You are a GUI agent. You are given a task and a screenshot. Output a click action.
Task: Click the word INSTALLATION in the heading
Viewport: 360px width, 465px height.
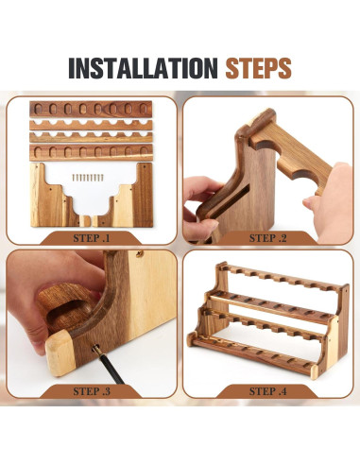tap(143, 68)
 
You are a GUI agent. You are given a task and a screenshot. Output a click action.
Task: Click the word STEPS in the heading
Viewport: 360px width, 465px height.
tap(258, 68)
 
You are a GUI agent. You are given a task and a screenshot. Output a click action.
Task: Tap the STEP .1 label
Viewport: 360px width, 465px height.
tap(92, 238)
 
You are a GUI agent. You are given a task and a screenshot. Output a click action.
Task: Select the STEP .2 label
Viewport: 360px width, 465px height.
tap(267, 238)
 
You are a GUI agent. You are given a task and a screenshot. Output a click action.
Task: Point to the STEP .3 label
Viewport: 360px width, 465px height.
tap(92, 391)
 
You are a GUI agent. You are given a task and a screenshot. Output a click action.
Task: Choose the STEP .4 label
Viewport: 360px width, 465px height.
tap(267, 391)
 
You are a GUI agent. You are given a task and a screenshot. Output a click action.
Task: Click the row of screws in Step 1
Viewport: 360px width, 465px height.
tap(88, 178)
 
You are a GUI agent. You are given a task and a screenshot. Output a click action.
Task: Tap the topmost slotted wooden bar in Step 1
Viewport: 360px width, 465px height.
tap(91, 110)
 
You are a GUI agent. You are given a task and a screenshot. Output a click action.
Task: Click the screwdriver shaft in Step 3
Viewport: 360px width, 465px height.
tap(111, 368)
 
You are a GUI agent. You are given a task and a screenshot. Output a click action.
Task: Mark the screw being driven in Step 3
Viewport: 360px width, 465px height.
tap(94, 349)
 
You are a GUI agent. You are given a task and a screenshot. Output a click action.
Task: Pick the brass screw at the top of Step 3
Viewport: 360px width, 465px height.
tap(139, 253)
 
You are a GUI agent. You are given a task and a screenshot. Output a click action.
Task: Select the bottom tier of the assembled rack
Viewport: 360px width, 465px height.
tap(252, 354)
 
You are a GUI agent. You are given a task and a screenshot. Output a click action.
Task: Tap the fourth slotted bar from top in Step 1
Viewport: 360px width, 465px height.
tap(91, 152)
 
